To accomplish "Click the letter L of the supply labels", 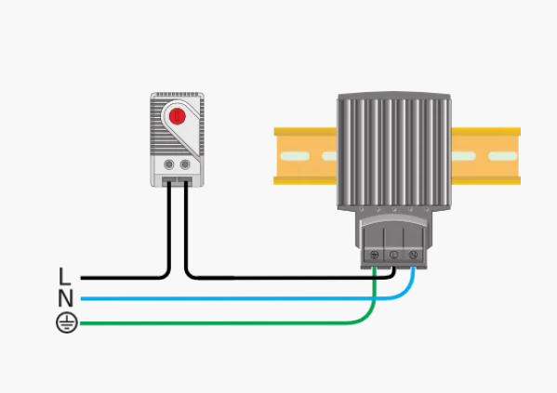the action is coord(64,276).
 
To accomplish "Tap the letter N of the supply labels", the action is coord(65,298).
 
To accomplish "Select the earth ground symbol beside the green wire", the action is coord(67,323).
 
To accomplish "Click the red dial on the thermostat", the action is coord(177,116).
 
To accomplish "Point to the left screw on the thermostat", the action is coord(168,164).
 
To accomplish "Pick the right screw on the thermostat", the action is coord(185,164).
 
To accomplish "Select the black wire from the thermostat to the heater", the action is coord(285,278).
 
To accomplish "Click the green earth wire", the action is coord(227,323).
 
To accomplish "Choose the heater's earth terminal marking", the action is coord(374,255).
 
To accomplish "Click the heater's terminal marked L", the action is coord(393,255).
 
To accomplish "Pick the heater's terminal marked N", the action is coord(413,255).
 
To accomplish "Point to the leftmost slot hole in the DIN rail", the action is coord(295,156).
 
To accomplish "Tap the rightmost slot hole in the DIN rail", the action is coord(503,156).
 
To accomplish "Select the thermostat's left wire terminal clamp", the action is coord(169,181).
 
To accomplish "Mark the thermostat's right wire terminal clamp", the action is coord(185,181).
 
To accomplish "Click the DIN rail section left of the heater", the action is coord(306,156).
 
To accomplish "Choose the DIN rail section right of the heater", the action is coord(486,156).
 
